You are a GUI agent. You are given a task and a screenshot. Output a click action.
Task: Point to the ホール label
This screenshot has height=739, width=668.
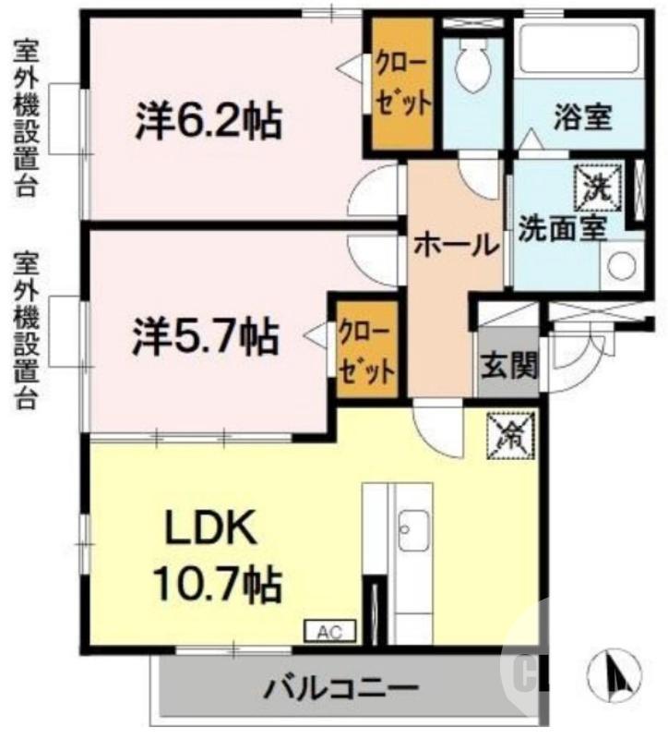(456, 246)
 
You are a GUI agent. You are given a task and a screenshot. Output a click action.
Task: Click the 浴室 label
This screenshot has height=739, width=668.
(583, 119)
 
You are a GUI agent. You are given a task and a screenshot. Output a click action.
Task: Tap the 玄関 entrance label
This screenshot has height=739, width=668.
(507, 367)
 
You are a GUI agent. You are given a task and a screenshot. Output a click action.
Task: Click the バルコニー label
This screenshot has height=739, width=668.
(343, 688)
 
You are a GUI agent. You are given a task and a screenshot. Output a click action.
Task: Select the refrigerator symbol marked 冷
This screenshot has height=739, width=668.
(509, 432)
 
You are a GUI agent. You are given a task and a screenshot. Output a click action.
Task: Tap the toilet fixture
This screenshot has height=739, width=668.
(471, 67)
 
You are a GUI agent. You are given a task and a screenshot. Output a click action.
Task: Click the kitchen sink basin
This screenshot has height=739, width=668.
(414, 532)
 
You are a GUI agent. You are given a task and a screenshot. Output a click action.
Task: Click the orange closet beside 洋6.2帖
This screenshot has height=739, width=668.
(400, 86)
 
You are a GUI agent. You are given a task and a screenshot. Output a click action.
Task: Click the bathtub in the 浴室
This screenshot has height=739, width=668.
(579, 55)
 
